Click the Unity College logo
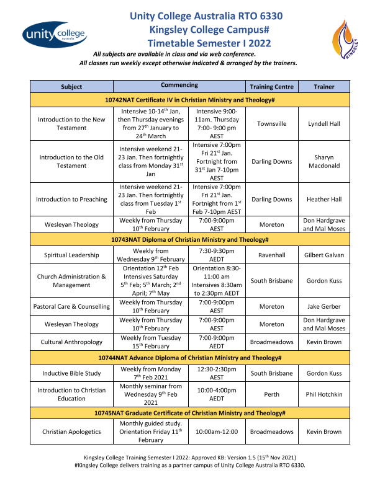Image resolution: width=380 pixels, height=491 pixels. coord(54,35)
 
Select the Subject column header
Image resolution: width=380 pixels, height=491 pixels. coord(71,87)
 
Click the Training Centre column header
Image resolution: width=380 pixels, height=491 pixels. coord(271,87)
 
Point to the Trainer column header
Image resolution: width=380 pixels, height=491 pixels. coord(324,87)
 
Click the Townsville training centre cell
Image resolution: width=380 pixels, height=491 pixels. coord(271,123)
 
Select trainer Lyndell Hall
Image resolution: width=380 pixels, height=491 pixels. coord(324,123)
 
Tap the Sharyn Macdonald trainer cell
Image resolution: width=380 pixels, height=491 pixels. coord(324,162)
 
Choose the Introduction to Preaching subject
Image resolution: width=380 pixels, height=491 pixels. coord(71,200)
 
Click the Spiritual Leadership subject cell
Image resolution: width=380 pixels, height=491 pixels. coord(71,255)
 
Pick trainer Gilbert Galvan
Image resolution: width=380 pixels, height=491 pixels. coord(324,255)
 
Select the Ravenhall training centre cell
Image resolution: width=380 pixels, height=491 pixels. coord(271,255)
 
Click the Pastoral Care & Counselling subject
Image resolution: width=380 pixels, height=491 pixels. coord(71,306)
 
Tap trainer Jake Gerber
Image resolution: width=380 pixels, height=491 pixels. coord(324,306)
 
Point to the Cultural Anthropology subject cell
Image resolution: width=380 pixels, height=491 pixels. coord(71,342)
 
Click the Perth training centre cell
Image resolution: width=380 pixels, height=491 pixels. coord(271,394)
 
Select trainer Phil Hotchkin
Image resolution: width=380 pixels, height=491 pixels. coord(324,394)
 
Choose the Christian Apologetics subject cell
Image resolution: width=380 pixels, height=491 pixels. coord(71,431)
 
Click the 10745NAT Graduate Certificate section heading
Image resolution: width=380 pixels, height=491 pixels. coord(189,412)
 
